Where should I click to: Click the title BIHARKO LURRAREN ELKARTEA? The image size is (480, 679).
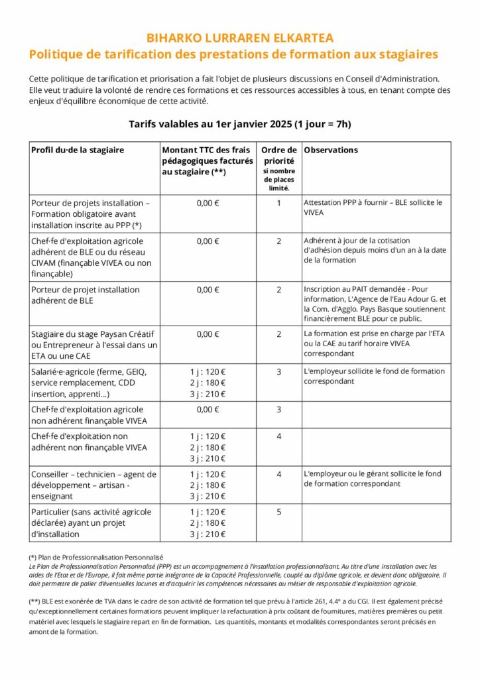pos(239,38)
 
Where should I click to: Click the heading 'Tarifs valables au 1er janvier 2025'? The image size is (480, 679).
pos(239,124)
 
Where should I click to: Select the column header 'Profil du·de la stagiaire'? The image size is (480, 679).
pos(78,150)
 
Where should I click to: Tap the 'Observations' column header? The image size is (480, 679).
pos(331,150)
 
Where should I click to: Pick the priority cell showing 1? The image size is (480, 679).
pos(279,203)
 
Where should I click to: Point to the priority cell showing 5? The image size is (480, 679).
pos(279,512)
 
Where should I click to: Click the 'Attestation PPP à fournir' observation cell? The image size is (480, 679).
pos(372,208)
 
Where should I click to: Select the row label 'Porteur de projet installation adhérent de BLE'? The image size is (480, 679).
pos(86,295)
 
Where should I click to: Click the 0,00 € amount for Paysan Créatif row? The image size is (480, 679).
pos(208,334)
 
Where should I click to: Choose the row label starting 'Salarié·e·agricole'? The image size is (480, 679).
pos(90,382)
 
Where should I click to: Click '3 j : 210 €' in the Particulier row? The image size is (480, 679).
pos(208,534)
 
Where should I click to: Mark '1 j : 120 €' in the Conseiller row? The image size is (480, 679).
pos(208,475)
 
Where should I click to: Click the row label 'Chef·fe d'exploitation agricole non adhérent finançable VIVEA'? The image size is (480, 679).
pos(89,415)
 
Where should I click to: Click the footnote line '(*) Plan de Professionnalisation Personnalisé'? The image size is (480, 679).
pos(96,558)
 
